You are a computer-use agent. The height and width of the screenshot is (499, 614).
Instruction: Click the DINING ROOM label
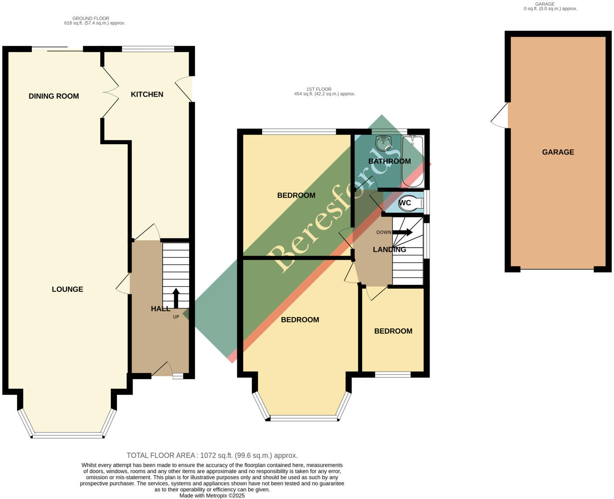[53, 96]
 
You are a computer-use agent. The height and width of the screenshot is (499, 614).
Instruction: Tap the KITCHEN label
[147, 94]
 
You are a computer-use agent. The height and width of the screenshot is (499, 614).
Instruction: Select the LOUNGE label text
[67, 289]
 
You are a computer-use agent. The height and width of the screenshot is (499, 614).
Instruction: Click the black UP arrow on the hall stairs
[176, 298]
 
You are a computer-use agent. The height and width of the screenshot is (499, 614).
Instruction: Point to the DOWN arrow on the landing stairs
[403, 232]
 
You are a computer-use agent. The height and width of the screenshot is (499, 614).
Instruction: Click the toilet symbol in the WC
[411, 203]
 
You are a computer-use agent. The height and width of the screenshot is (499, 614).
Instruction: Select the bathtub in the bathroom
[413, 161]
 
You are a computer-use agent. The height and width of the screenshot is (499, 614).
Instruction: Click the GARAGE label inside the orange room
[558, 152]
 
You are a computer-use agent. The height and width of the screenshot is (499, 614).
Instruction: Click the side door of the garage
[500, 115]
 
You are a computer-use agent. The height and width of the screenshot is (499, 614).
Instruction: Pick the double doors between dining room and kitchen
[110, 93]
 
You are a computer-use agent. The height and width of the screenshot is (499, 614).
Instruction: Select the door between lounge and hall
[124, 283]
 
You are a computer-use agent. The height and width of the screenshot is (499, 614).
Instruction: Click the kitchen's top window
[148, 49]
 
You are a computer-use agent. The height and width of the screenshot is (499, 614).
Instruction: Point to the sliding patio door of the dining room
[57, 49]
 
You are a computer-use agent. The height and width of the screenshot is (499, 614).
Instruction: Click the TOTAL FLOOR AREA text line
[212, 455]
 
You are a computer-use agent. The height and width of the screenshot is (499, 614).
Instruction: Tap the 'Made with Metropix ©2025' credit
[212, 495]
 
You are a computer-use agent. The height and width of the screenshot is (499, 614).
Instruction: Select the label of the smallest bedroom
[393, 331]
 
